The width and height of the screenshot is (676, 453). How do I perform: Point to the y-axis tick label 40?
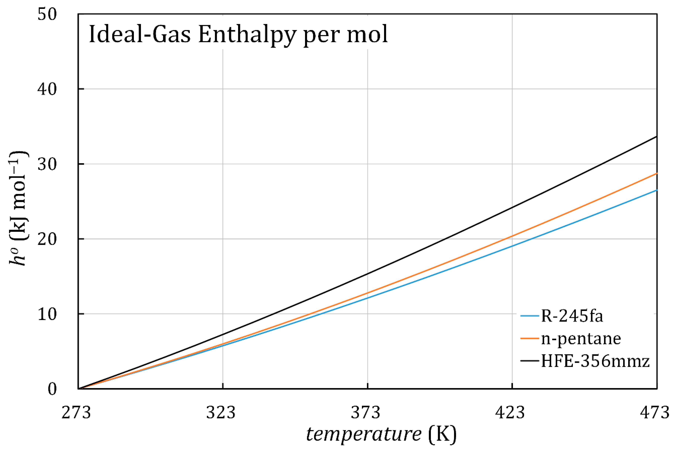point(47,89)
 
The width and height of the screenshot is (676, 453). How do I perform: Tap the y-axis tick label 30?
point(47,164)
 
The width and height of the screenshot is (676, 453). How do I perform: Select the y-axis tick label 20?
point(47,239)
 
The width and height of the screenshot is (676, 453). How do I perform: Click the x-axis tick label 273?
point(76,412)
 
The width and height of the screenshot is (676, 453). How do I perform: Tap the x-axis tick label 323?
point(221,412)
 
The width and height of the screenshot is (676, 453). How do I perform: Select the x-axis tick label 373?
point(366,412)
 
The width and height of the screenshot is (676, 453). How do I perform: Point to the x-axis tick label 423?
point(510,412)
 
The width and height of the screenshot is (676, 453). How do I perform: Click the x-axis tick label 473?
point(655,412)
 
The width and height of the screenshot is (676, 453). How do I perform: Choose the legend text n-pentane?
point(581,339)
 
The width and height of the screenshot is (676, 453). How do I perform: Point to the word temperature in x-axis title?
point(364,434)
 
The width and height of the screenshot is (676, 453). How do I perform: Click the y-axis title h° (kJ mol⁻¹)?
point(19,208)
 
